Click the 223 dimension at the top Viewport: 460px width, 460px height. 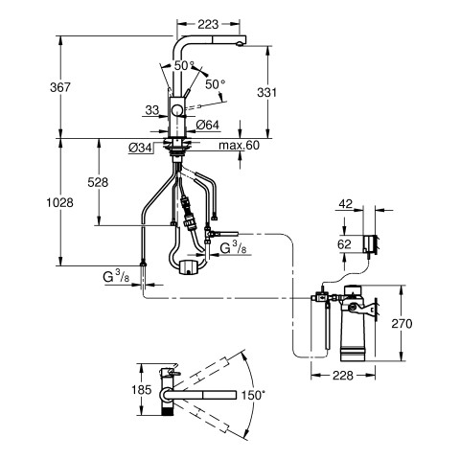[x=208, y=24]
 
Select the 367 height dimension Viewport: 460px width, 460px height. [x=60, y=87]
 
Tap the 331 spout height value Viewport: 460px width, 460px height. [x=266, y=92]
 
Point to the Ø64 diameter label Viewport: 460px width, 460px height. [x=208, y=125]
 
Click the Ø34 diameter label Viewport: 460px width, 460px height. [x=140, y=148]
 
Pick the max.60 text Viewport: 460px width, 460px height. [x=240, y=146]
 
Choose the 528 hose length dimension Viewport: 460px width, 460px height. [x=98, y=182]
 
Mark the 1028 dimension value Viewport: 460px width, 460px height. [x=60, y=202]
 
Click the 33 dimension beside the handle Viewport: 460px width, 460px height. [x=152, y=110]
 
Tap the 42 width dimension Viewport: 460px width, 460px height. [x=346, y=204]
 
